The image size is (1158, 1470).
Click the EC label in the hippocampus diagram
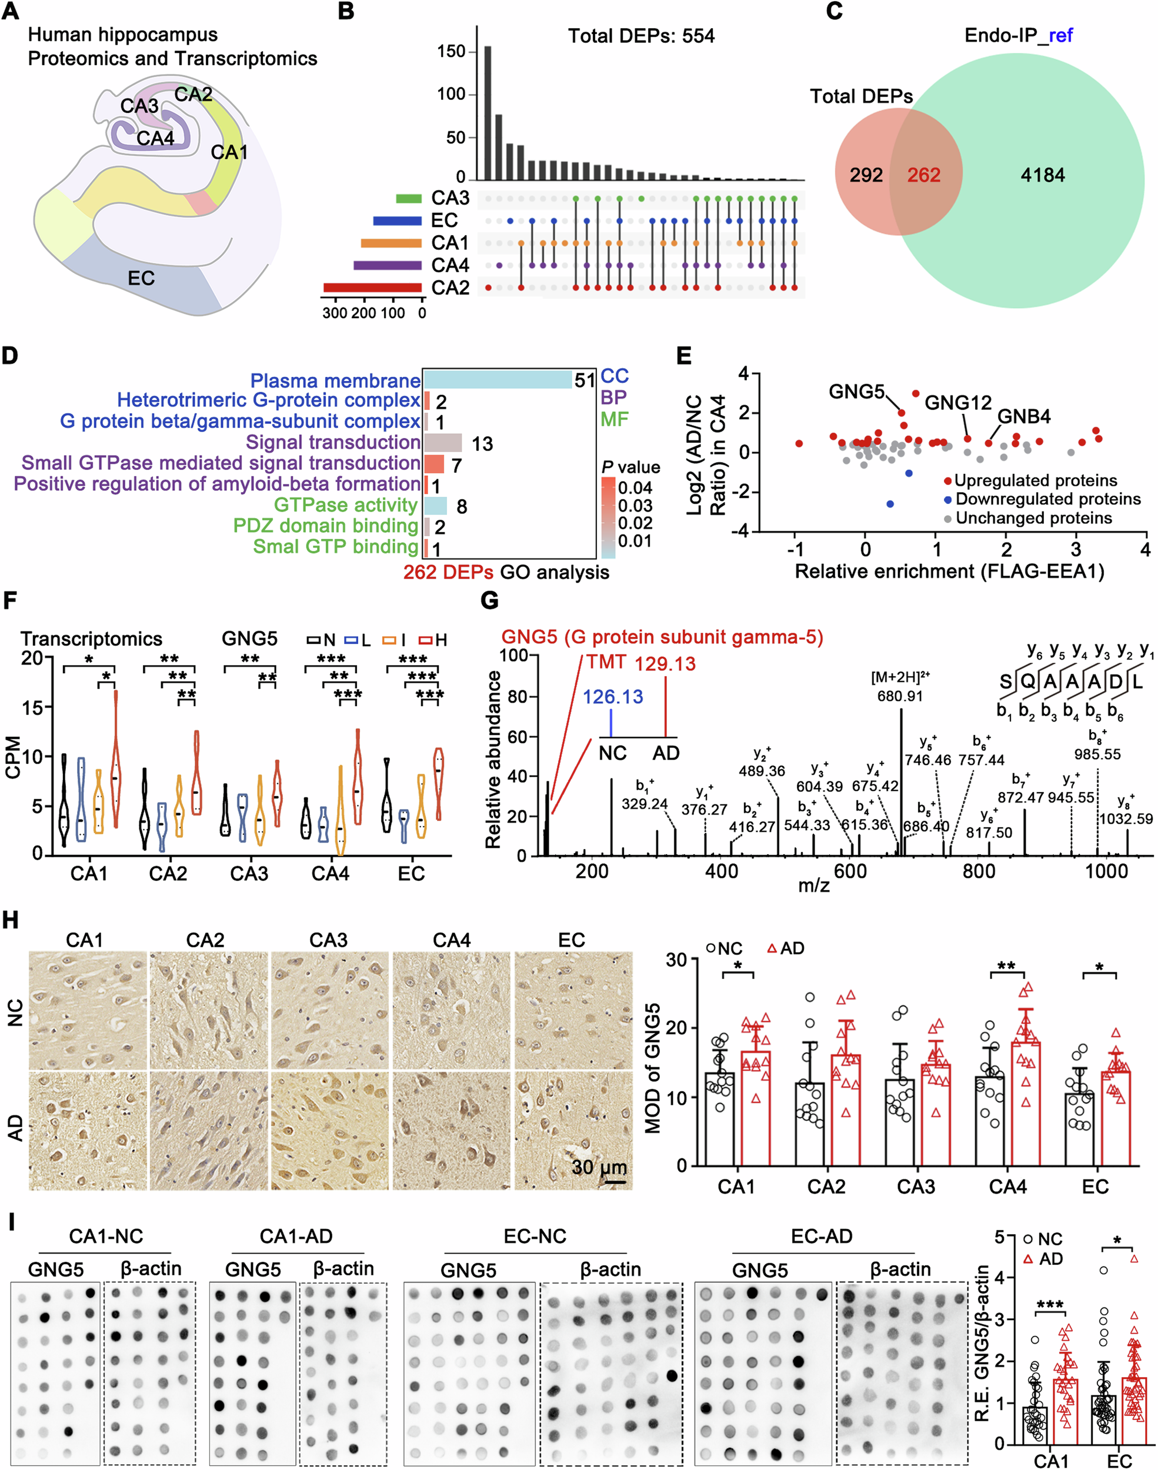(141, 279)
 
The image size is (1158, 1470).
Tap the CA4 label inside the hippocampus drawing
(155, 139)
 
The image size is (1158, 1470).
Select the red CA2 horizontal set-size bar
(372, 288)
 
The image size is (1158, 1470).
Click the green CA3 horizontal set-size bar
(409, 198)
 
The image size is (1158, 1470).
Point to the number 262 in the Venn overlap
(923, 176)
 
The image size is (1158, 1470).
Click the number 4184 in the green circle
(1042, 176)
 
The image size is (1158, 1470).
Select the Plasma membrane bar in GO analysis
(498, 379)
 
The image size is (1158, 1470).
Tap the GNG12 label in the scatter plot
(957, 403)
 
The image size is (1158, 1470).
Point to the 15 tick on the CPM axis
(32, 707)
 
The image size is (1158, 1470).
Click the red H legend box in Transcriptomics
(426, 640)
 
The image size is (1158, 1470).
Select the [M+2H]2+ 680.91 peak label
(900, 687)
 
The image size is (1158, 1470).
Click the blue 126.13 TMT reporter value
(612, 697)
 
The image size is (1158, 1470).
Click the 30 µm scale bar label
(598, 1167)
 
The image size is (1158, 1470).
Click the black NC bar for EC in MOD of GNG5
(1079, 1128)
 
